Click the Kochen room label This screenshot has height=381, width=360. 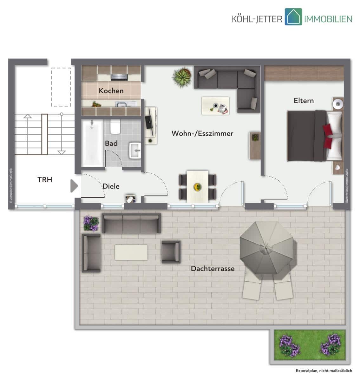coord(111,90)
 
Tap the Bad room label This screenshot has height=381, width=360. coord(111,143)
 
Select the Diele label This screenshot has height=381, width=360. coord(111,186)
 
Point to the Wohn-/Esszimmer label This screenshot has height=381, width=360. coord(202,133)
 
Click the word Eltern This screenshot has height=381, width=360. coord(304,100)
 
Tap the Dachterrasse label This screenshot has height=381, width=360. coord(213,268)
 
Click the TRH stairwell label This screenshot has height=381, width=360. coord(45,179)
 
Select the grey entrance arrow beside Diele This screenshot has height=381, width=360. coord(74,186)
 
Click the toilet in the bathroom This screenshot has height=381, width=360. coord(115,127)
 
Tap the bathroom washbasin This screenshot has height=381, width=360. coord(135,150)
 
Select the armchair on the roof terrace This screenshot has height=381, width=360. coord(171,252)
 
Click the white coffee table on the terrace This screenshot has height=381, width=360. coord(131,252)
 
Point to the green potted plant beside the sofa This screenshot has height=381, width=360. coord(182,77)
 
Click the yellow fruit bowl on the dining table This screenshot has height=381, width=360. coord(197,187)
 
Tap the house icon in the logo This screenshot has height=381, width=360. coord(293,17)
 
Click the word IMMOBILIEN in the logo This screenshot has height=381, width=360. coord(328,19)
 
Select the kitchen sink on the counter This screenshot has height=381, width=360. coord(121,104)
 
